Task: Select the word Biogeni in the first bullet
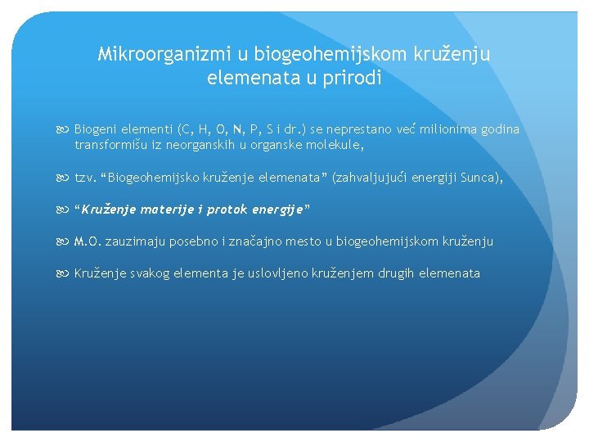click(97, 129)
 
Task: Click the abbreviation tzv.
click(84, 178)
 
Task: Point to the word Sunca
click(479, 178)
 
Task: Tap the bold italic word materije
click(171, 210)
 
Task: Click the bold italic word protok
click(232, 210)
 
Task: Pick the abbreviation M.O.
click(88, 241)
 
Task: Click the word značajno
click(258, 241)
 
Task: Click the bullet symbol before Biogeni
click(65, 129)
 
